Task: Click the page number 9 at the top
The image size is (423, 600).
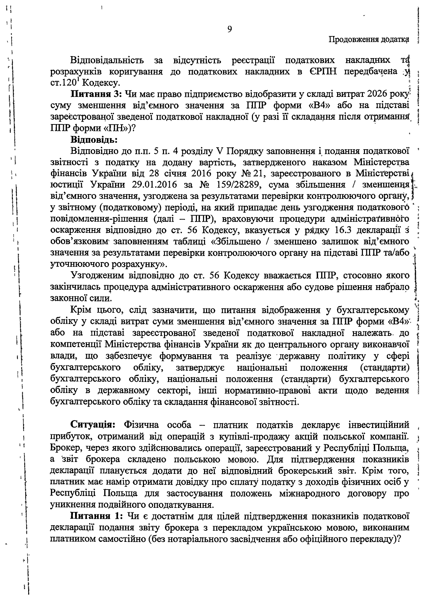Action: [x=229, y=30]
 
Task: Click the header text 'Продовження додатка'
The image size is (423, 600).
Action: [x=368, y=40]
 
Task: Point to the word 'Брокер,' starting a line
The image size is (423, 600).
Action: [x=66, y=448]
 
